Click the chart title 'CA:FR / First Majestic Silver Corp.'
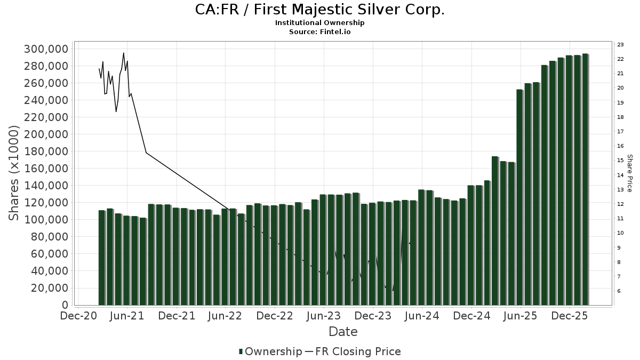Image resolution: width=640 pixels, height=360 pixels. click(x=319, y=10)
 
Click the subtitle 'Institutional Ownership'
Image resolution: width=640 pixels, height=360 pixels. click(x=319, y=23)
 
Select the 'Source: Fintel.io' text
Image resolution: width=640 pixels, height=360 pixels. click(x=319, y=32)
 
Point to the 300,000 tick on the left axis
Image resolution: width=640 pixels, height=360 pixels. click(x=46, y=49)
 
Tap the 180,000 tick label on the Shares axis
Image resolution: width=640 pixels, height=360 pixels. click(x=46, y=151)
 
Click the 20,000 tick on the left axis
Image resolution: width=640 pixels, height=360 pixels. click(x=50, y=288)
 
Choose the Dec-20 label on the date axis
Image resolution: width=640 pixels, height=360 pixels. click(x=78, y=316)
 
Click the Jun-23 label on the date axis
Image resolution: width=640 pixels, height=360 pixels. click(x=323, y=316)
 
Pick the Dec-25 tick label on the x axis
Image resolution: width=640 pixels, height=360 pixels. click(x=569, y=316)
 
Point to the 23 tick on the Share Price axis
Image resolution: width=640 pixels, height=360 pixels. click(x=620, y=44)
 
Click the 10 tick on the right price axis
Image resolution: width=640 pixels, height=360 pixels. click(x=620, y=233)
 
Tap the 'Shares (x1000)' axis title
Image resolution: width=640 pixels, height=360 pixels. click(x=14, y=173)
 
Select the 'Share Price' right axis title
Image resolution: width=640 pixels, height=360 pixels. click(x=629, y=173)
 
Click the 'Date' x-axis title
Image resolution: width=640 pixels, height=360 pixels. click(x=343, y=332)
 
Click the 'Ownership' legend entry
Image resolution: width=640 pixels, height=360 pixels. click(x=270, y=351)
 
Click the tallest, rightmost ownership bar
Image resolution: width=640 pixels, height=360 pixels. click(x=585, y=179)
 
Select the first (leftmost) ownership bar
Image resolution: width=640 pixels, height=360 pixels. click(x=102, y=258)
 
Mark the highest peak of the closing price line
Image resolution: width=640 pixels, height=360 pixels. click(x=123, y=53)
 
